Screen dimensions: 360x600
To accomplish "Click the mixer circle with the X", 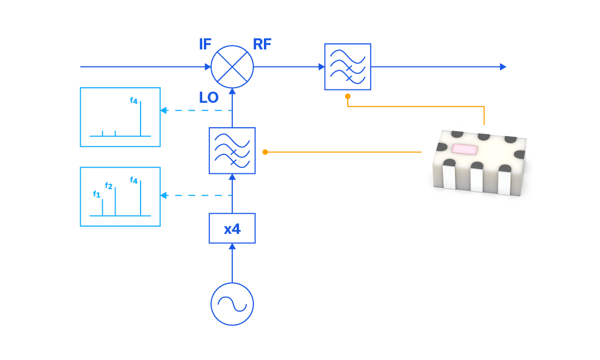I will pyautogui.click(x=232, y=67).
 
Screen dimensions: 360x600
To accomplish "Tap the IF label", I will pyautogui.click(x=205, y=44).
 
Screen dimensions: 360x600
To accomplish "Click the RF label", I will pyautogui.click(x=262, y=44).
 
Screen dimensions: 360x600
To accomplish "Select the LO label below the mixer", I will pyautogui.click(x=209, y=98).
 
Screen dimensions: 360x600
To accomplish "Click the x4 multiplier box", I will pyautogui.click(x=232, y=228).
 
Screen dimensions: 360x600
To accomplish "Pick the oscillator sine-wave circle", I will pyautogui.click(x=232, y=304).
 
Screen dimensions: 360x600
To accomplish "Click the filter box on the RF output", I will pyautogui.click(x=348, y=67).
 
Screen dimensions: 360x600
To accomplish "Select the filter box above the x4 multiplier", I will pyautogui.click(x=232, y=151).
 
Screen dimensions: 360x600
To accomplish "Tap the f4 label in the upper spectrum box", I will pyautogui.click(x=134, y=101).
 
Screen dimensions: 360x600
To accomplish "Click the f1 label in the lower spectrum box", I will pyautogui.click(x=97, y=194).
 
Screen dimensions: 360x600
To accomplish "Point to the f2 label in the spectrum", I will pyautogui.click(x=109, y=186).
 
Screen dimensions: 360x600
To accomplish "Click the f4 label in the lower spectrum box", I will pyautogui.click(x=134, y=180).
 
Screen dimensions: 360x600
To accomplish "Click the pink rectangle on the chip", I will pyautogui.click(x=464, y=149).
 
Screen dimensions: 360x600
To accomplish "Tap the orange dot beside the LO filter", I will pyautogui.click(x=265, y=152).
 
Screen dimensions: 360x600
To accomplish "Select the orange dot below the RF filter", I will pyautogui.click(x=348, y=96).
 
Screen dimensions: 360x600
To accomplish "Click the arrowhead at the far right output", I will pyautogui.click(x=503, y=67).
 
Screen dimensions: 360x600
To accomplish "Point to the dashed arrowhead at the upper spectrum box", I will pyautogui.click(x=164, y=110).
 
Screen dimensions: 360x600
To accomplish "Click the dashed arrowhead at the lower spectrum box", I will pyautogui.click(x=164, y=195).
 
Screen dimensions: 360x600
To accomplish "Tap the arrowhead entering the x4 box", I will pyautogui.click(x=232, y=246).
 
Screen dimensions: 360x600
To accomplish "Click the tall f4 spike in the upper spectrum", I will pyautogui.click(x=141, y=119).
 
